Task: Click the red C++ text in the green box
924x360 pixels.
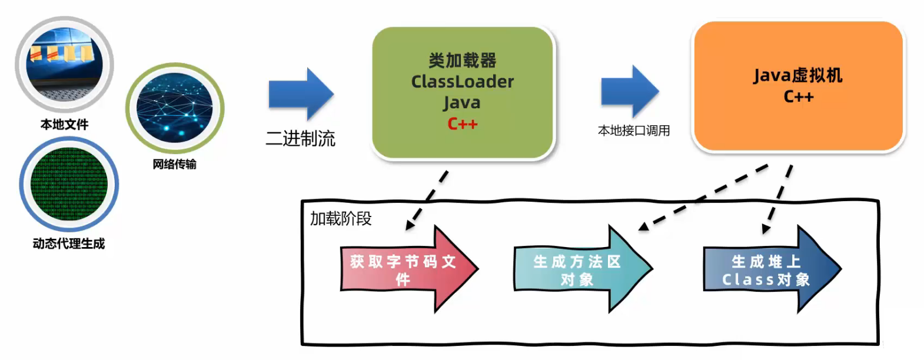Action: click(x=462, y=124)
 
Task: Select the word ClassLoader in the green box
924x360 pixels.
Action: click(x=462, y=81)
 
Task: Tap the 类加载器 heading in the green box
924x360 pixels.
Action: click(x=462, y=60)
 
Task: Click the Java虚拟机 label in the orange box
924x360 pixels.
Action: click(x=797, y=75)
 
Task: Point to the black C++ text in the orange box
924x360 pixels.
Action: click(x=798, y=96)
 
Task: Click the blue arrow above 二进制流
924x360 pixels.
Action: click(x=301, y=94)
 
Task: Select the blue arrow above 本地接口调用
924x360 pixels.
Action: click(x=629, y=92)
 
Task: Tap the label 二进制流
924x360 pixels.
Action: click(x=300, y=139)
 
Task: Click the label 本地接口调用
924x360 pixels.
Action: click(x=634, y=131)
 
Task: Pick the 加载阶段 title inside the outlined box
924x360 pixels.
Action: click(x=341, y=219)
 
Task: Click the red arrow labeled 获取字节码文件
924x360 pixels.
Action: click(x=406, y=269)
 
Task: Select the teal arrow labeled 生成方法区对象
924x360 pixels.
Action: click(x=580, y=269)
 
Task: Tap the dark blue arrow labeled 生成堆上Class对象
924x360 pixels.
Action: click(x=768, y=269)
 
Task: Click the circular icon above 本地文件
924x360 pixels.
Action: click(x=64, y=65)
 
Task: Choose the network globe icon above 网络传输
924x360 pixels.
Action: click(x=174, y=108)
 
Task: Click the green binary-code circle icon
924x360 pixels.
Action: click(x=69, y=184)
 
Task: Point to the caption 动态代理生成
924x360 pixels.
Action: click(x=69, y=244)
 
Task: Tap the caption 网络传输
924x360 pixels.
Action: click(x=174, y=164)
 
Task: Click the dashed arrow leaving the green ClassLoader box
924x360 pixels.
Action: click(x=427, y=200)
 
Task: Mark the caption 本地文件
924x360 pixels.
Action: click(x=64, y=125)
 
